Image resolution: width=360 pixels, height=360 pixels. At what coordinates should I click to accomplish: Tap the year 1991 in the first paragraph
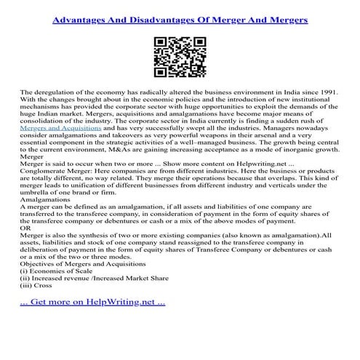pyautogui.click(x=327, y=93)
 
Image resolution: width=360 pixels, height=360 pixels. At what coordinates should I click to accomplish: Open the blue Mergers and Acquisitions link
pyautogui.click(x=62, y=127)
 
